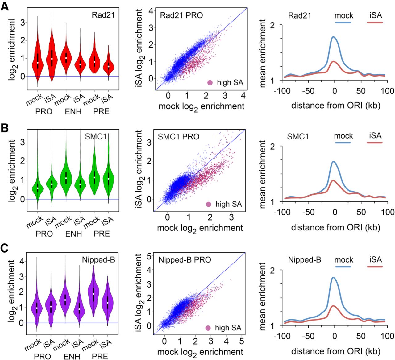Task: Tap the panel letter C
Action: [5, 249]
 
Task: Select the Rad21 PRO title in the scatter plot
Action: [181, 15]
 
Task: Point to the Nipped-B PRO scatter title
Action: [185, 260]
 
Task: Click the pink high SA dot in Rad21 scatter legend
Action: [210, 83]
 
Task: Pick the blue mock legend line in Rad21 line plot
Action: [343, 23]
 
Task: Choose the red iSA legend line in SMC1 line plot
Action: [375, 143]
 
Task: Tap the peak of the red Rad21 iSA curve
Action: [334, 62]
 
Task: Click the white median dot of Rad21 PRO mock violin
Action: [38, 63]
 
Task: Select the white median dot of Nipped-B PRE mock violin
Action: [94, 294]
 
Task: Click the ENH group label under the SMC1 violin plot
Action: [73, 234]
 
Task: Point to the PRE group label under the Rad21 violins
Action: [102, 111]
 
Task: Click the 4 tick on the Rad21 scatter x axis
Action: [243, 96]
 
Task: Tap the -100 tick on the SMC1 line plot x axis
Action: [284, 212]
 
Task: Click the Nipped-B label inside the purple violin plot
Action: [98, 260]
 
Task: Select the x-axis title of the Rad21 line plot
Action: [335, 106]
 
